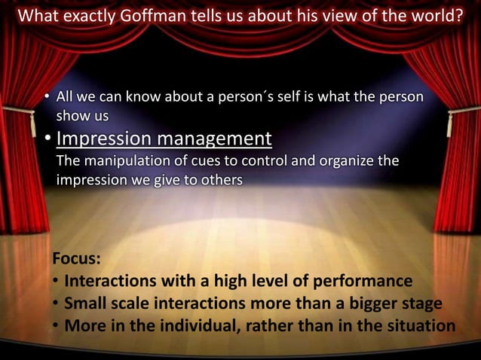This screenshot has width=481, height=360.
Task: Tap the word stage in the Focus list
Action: tap(422, 304)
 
